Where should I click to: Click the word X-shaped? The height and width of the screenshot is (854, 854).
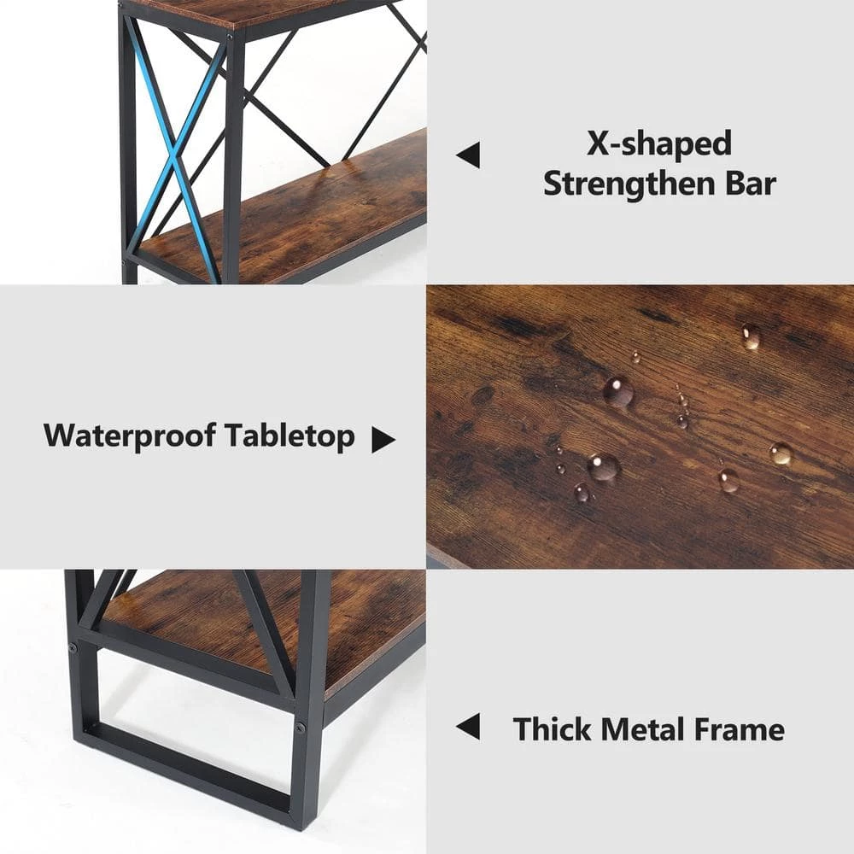tap(659, 143)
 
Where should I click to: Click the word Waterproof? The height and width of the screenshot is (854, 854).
tap(130, 436)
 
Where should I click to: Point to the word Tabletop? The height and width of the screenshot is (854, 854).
tap(290, 436)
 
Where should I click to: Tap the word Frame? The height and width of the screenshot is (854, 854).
tap(744, 729)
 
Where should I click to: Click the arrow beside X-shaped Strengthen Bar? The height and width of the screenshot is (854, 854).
tap(467, 155)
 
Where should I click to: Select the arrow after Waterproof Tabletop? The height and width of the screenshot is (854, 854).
tap(383, 441)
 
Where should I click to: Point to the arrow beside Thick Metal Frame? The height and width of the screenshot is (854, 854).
tap(467, 727)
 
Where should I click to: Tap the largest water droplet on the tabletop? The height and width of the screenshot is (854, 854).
tap(617, 391)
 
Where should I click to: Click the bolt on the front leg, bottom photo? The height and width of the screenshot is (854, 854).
tap(301, 728)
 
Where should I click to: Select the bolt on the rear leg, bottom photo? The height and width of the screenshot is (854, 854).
tap(73, 648)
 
